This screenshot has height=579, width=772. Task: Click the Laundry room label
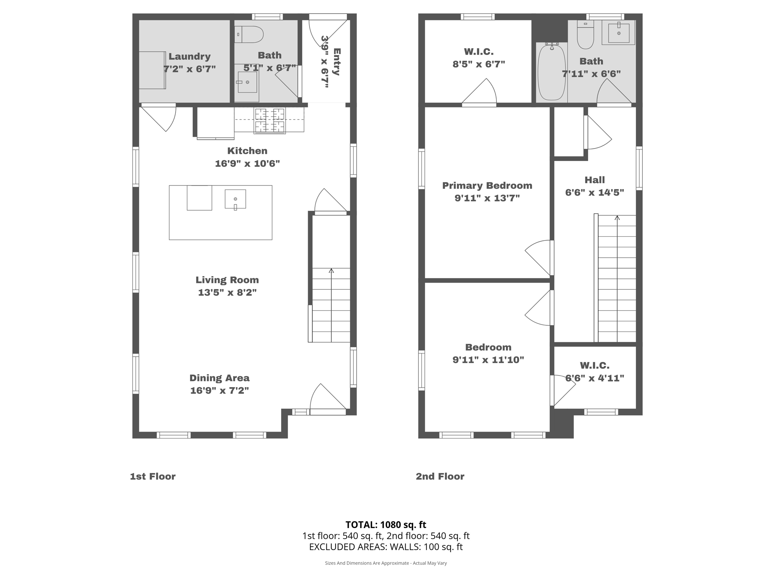(x=189, y=57)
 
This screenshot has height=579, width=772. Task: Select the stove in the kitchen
(x=270, y=121)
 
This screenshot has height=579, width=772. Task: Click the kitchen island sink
(x=235, y=199)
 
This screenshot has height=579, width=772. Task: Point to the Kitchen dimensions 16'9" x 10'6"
(x=247, y=164)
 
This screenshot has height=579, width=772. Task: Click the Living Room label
(x=227, y=280)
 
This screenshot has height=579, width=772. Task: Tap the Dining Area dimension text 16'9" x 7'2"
(x=219, y=391)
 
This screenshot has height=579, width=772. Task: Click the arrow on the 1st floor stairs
(x=331, y=271)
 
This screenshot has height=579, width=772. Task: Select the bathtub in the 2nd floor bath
(x=551, y=72)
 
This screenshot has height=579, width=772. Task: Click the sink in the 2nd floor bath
(x=619, y=33)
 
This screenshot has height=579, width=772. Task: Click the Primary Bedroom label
(x=487, y=185)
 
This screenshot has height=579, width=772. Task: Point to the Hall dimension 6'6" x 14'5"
(x=594, y=193)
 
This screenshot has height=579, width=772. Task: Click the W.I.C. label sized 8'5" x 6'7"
(x=478, y=52)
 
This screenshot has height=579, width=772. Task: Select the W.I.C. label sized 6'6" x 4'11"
(x=594, y=365)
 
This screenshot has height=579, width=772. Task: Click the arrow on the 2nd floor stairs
(x=617, y=218)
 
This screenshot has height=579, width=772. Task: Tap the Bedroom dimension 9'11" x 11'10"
(x=488, y=360)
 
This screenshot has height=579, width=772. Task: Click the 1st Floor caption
(x=153, y=476)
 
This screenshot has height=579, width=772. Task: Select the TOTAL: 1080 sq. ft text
(x=386, y=525)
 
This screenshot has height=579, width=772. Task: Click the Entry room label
(x=337, y=61)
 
